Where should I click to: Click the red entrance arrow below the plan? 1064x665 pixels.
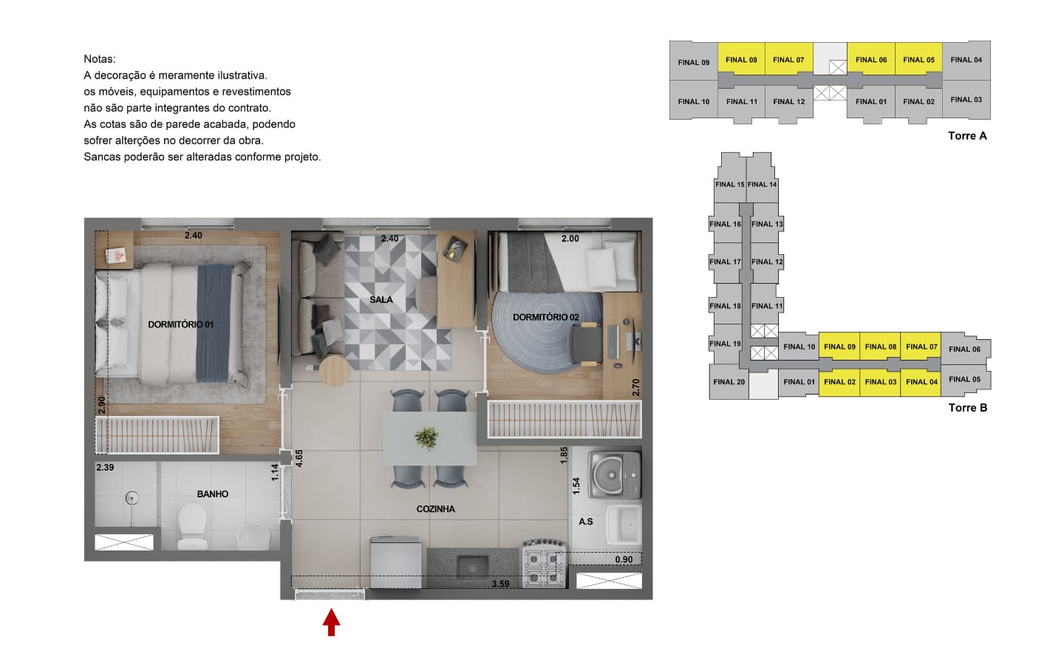pyautogui.click(x=332, y=622)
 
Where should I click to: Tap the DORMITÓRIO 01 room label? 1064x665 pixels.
pyautogui.click(x=180, y=324)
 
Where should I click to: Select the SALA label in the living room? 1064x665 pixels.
pyautogui.click(x=381, y=300)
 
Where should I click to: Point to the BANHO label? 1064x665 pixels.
pyautogui.click(x=212, y=494)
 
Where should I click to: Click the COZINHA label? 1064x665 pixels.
pyautogui.click(x=436, y=509)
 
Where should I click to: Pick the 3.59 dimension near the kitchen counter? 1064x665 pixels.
pyautogui.click(x=500, y=584)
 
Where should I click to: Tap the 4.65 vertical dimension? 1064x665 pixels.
pyautogui.click(x=299, y=458)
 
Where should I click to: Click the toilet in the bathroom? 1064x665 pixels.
pyautogui.click(x=192, y=525)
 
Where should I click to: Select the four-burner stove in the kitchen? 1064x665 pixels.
pyautogui.click(x=545, y=563)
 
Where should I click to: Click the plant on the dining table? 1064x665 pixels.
pyautogui.click(x=426, y=437)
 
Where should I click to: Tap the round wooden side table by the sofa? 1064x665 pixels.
pyautogui.click(x=335, y=370)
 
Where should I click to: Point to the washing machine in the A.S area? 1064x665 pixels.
pyautogui.click(x=614, y=474)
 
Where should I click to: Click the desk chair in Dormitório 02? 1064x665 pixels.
pyautogui.click(x=586, y=343)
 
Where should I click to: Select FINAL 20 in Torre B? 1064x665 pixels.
pyautogui.click(x=729, y=382)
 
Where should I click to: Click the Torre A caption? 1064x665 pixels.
pyautogui.click(x=968, y=136)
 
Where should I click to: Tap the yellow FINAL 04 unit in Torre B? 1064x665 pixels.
pyautogui.click(x=921, y=383)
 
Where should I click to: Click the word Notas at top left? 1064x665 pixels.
pyautogui.click(x=100, y=59)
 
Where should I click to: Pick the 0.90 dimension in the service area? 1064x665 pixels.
pyautogui.click(x=624, y=559)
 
